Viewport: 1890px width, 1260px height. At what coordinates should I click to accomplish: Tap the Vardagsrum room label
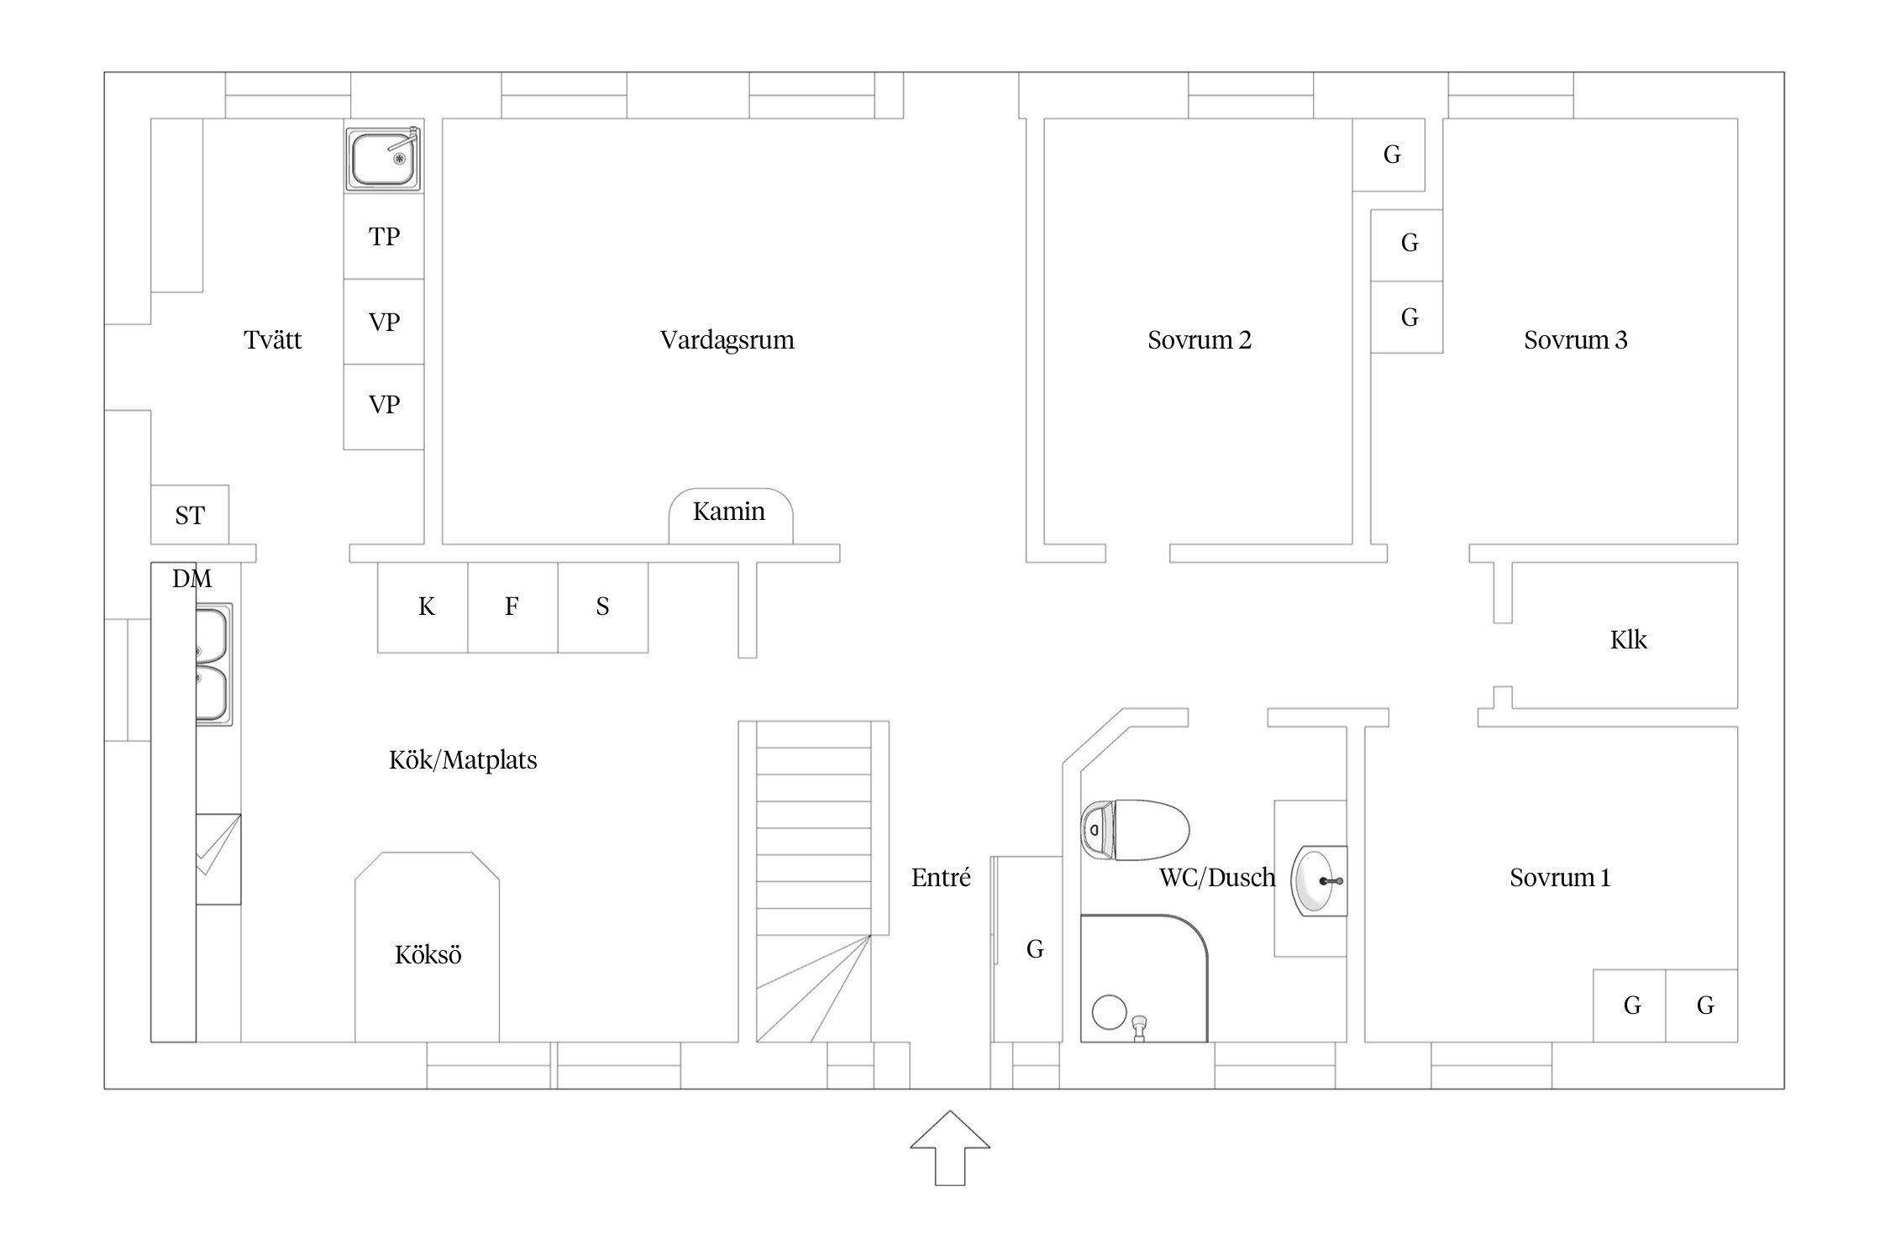point(727,340)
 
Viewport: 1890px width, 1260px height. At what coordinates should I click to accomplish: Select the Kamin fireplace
point(730,516)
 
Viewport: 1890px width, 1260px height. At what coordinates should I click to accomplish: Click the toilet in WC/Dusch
point(1135,830)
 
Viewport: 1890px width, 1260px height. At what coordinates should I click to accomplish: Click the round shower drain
point(1110,1012)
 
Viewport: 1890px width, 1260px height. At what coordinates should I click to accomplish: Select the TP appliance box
point(384,236)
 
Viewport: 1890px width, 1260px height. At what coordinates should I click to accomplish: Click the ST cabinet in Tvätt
point(190,514)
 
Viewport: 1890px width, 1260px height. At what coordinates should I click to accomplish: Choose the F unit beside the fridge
point(512,607)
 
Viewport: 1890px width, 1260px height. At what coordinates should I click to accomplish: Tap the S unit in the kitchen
point(603,607)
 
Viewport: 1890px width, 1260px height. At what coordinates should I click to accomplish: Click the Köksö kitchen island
point(427,948)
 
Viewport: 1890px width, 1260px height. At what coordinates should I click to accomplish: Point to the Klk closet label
point(1628,640)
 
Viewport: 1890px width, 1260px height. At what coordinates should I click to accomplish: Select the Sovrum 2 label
point(1200,340)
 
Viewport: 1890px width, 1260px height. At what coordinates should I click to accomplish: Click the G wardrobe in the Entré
point(1028,949)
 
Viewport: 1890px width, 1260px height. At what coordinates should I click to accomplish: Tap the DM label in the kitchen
point(192,578)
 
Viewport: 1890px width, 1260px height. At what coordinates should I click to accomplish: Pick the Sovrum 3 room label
point(1576,340)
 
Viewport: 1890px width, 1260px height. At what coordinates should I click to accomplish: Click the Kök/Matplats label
point(463,760)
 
